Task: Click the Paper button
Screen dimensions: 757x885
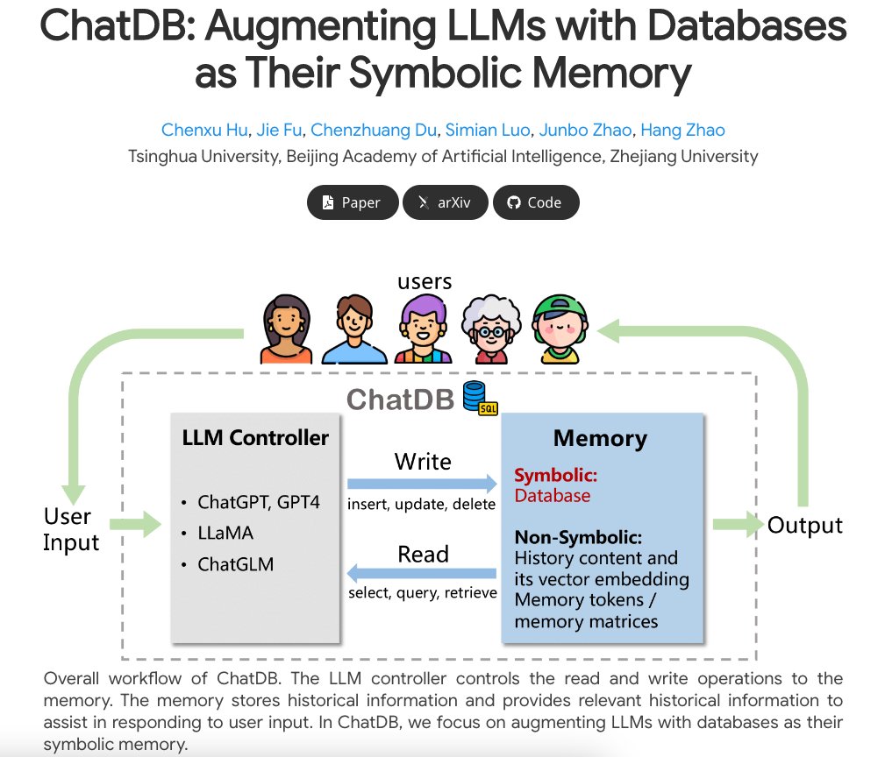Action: click(352, 202)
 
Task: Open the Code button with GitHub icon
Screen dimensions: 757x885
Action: click(535, 202)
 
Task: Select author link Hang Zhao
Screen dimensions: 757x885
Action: click(682, 131)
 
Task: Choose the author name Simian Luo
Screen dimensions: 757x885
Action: click(488, 131)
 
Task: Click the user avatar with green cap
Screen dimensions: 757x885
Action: click(561, 329)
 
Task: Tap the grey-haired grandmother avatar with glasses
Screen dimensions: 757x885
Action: click(490, 329)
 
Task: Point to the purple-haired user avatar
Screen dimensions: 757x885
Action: click(423, 329)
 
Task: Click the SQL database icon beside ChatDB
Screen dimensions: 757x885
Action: click(479, 398)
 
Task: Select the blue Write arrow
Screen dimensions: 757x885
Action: click(422, 483)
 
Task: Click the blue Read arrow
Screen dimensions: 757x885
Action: click(422, 574)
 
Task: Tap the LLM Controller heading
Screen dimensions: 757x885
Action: click(255, 437)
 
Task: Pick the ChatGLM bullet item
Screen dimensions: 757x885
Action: click(235, 564)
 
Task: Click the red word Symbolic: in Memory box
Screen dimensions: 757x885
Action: click(556, 476)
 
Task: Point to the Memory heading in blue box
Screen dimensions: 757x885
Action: click(600, 438)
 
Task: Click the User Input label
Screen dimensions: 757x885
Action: click(71, 529)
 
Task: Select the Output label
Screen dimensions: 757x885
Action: click(804, 525)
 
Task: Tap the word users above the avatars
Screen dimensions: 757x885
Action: click(425, 281)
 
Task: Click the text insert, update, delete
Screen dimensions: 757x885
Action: click(422, 504)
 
